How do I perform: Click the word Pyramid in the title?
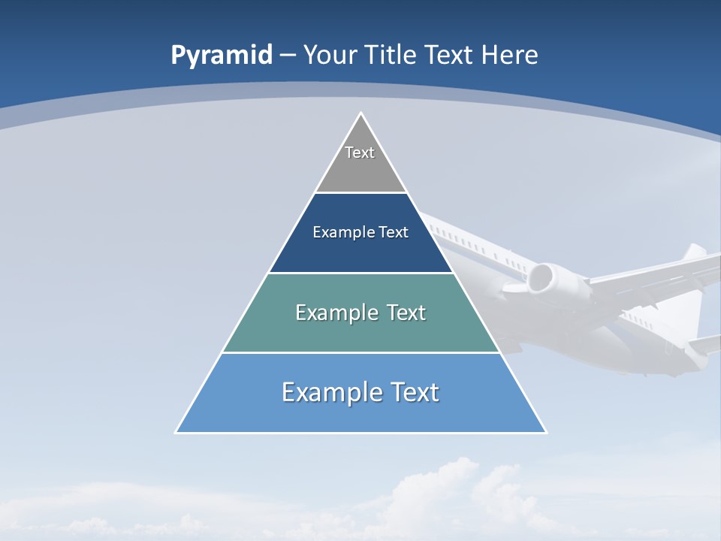coord(221,56)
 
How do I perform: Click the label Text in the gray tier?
coord(360,153)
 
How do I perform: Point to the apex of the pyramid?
coord(360,114)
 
